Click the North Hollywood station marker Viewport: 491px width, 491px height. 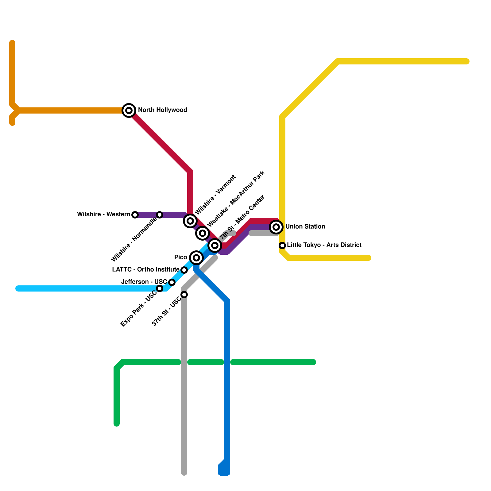(129, 110)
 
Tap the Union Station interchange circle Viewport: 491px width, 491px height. (276, 227)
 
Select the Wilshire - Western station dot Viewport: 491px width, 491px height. (135, 215)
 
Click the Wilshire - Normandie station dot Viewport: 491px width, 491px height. (160, 215)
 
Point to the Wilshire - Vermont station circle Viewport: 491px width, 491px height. (190, 221)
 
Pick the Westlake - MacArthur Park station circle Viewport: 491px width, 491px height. (203, 233)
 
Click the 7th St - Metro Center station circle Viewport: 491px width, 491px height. (215, 245)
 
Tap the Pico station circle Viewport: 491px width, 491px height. (196, 258)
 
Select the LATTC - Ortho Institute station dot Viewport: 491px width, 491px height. (184, 270)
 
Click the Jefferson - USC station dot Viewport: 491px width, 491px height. (172, 282)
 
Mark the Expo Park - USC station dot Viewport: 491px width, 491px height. (160, 288)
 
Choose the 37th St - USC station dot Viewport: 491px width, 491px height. (184, 295)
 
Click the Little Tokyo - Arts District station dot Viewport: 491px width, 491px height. (282, 245)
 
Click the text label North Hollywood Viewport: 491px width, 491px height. (162, 110)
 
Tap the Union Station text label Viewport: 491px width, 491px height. (305, 226)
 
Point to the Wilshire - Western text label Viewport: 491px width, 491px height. (103, 214)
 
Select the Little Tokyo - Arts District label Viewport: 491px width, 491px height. (324, 245)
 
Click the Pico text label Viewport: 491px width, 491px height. (180, 257)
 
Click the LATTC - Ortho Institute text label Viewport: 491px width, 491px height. (145, 269)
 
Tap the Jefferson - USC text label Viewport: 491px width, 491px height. (144, 282)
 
